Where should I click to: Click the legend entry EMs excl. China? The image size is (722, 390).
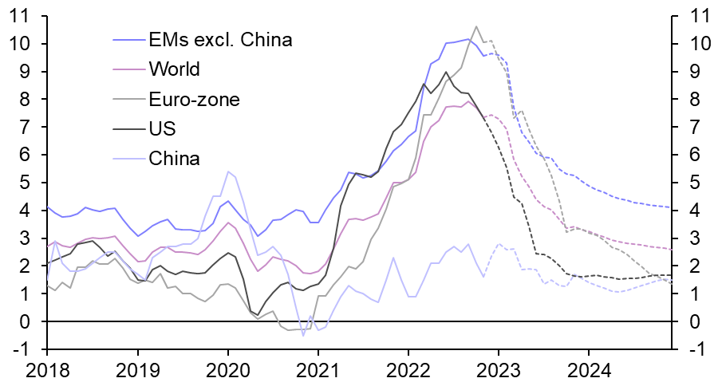coord(221,40)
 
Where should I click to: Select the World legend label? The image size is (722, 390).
coord(174,69)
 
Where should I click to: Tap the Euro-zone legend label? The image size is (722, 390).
coord(194,99)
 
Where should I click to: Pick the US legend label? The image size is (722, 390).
coord(162,128)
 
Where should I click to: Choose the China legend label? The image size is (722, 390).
coord(174,158)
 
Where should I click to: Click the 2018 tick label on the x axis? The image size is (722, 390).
coord(47,371)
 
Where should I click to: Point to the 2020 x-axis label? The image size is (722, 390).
coord(227,371)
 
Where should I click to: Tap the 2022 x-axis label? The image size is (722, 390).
coord(408,371)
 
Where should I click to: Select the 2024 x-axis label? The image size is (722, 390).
coord(589,371)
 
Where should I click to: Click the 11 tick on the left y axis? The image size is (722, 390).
coord(18,16)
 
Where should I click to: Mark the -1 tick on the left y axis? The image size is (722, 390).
coord(21,349)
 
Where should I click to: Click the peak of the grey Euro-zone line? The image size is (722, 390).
coord(476,26)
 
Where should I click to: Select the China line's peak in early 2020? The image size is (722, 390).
coord(228,171)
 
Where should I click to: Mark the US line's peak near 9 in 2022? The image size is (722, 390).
coord(445,72)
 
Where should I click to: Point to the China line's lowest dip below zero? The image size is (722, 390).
coord(303,336)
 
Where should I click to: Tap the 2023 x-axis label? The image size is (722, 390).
coord(499,371)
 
